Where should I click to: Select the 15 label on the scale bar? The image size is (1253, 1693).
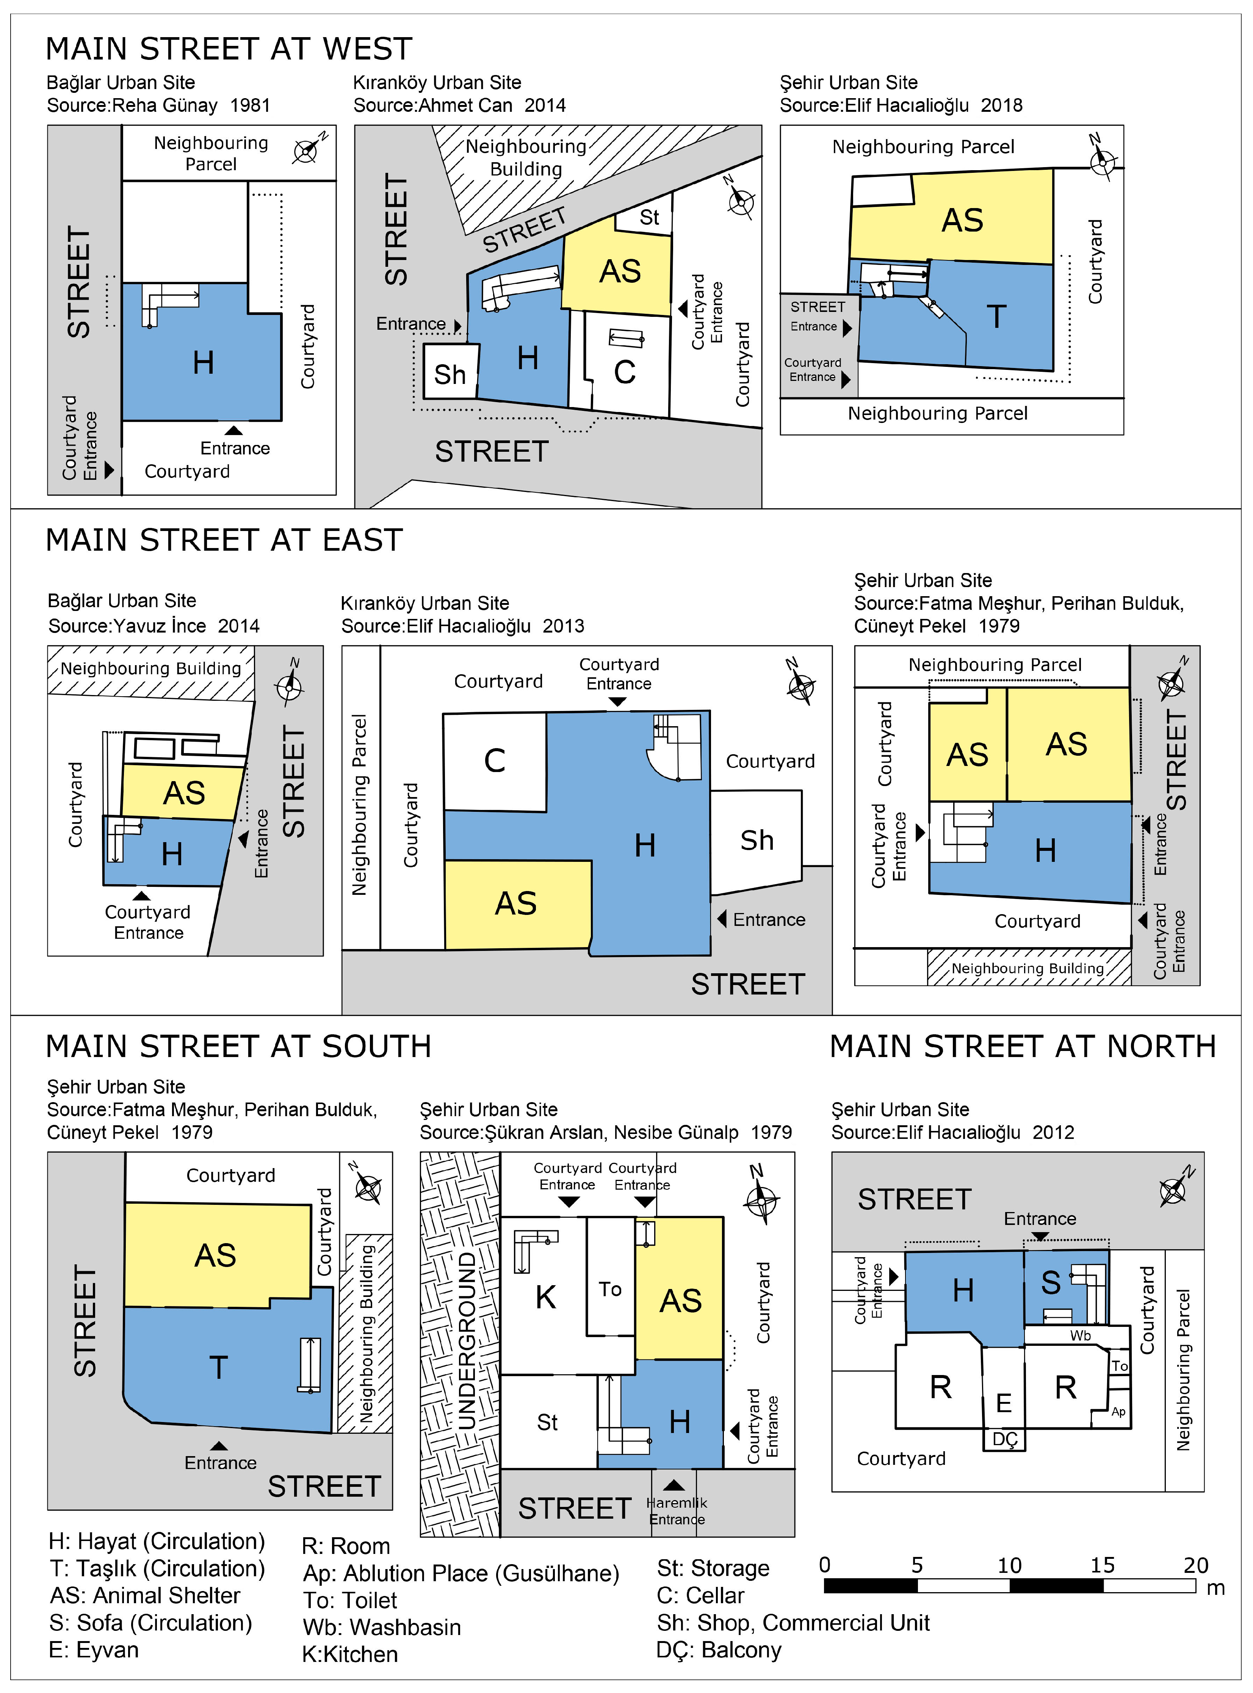point(1102,1565)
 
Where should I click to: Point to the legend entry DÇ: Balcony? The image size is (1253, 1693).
point(718,1650)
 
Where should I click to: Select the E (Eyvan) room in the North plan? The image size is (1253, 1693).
point(1004,1403)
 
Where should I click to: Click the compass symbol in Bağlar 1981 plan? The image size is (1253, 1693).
point(305,151)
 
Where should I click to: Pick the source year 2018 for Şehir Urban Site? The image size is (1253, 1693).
point(1001,105)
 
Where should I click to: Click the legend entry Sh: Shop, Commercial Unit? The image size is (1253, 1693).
point(793,1623)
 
